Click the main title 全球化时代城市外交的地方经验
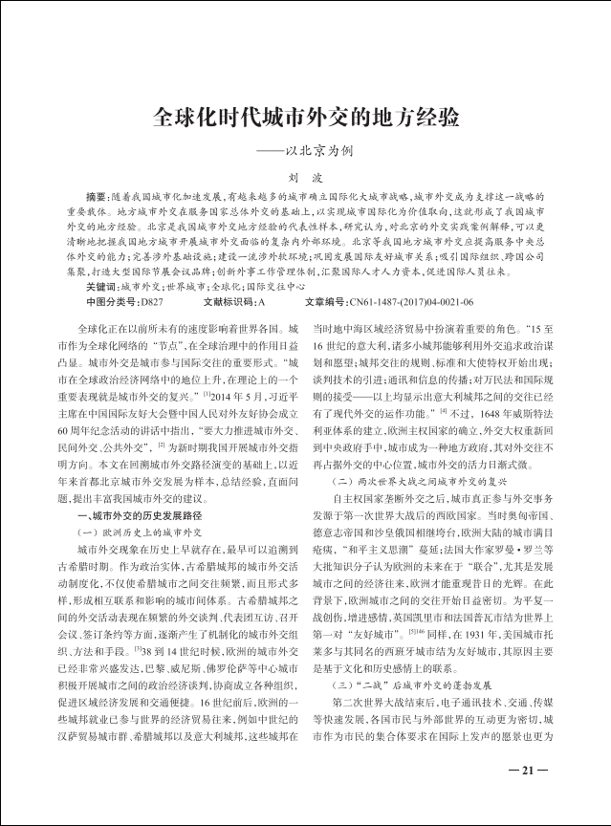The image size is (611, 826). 305,120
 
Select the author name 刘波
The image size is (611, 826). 305,178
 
